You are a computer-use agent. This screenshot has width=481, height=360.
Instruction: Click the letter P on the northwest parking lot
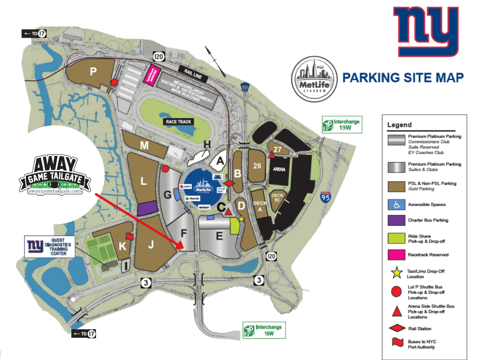click(93, 71)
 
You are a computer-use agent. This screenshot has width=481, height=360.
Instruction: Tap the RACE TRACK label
click(178, 122)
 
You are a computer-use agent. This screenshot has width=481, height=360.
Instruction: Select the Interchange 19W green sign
click(341, 124)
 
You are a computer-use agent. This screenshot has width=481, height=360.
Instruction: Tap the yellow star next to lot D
click(241, 219)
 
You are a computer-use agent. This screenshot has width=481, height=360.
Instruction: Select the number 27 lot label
click(278, 150)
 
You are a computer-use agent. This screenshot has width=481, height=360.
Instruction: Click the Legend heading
click(399, 125)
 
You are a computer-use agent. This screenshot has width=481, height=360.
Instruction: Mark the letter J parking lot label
click(151, 244)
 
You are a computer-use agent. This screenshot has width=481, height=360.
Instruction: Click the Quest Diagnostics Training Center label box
click(50, 246)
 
